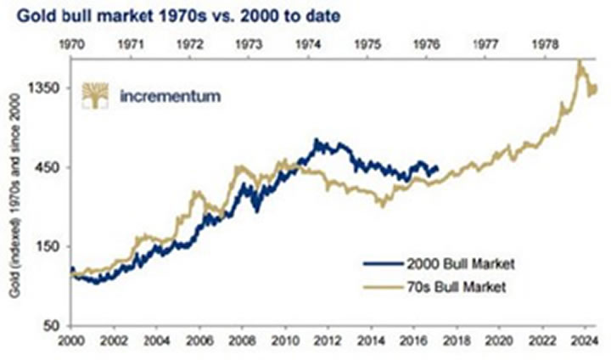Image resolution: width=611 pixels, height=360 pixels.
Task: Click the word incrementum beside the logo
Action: point(171,96)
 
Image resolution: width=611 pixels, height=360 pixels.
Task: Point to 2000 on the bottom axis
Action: point(72,343)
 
